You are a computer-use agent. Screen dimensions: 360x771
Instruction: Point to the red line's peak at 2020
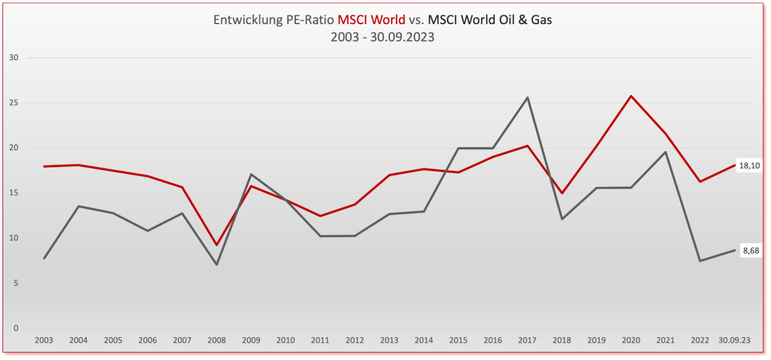click(631, 96)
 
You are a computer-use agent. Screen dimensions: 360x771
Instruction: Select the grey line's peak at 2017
click(527, 98)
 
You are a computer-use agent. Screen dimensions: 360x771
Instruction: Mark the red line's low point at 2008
click(216, 245)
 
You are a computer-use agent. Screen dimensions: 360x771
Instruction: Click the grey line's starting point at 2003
click(44, 259)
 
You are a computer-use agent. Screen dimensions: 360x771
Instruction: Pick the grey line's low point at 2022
click(700, 261)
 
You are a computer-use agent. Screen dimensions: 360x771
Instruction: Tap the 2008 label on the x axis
click(216, 340)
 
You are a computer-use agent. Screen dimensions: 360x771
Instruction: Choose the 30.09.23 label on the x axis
click(734, 340)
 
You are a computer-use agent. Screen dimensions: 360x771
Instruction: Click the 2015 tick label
click(458, 340)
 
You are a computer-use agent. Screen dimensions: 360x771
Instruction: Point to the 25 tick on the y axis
click(14, 103)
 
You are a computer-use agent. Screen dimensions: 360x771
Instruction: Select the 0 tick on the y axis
click(16, 329)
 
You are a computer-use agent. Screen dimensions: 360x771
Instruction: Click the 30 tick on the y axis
click(14, 58)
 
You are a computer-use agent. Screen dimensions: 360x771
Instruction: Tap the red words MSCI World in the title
click(371, 20)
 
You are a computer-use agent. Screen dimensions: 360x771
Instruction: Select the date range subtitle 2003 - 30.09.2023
click(383, 37)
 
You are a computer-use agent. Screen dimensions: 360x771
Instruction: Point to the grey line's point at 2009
click(251, 174)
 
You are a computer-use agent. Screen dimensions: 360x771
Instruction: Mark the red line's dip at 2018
click(562, 193)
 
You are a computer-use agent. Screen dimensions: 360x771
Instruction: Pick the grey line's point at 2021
click(666, 152)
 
